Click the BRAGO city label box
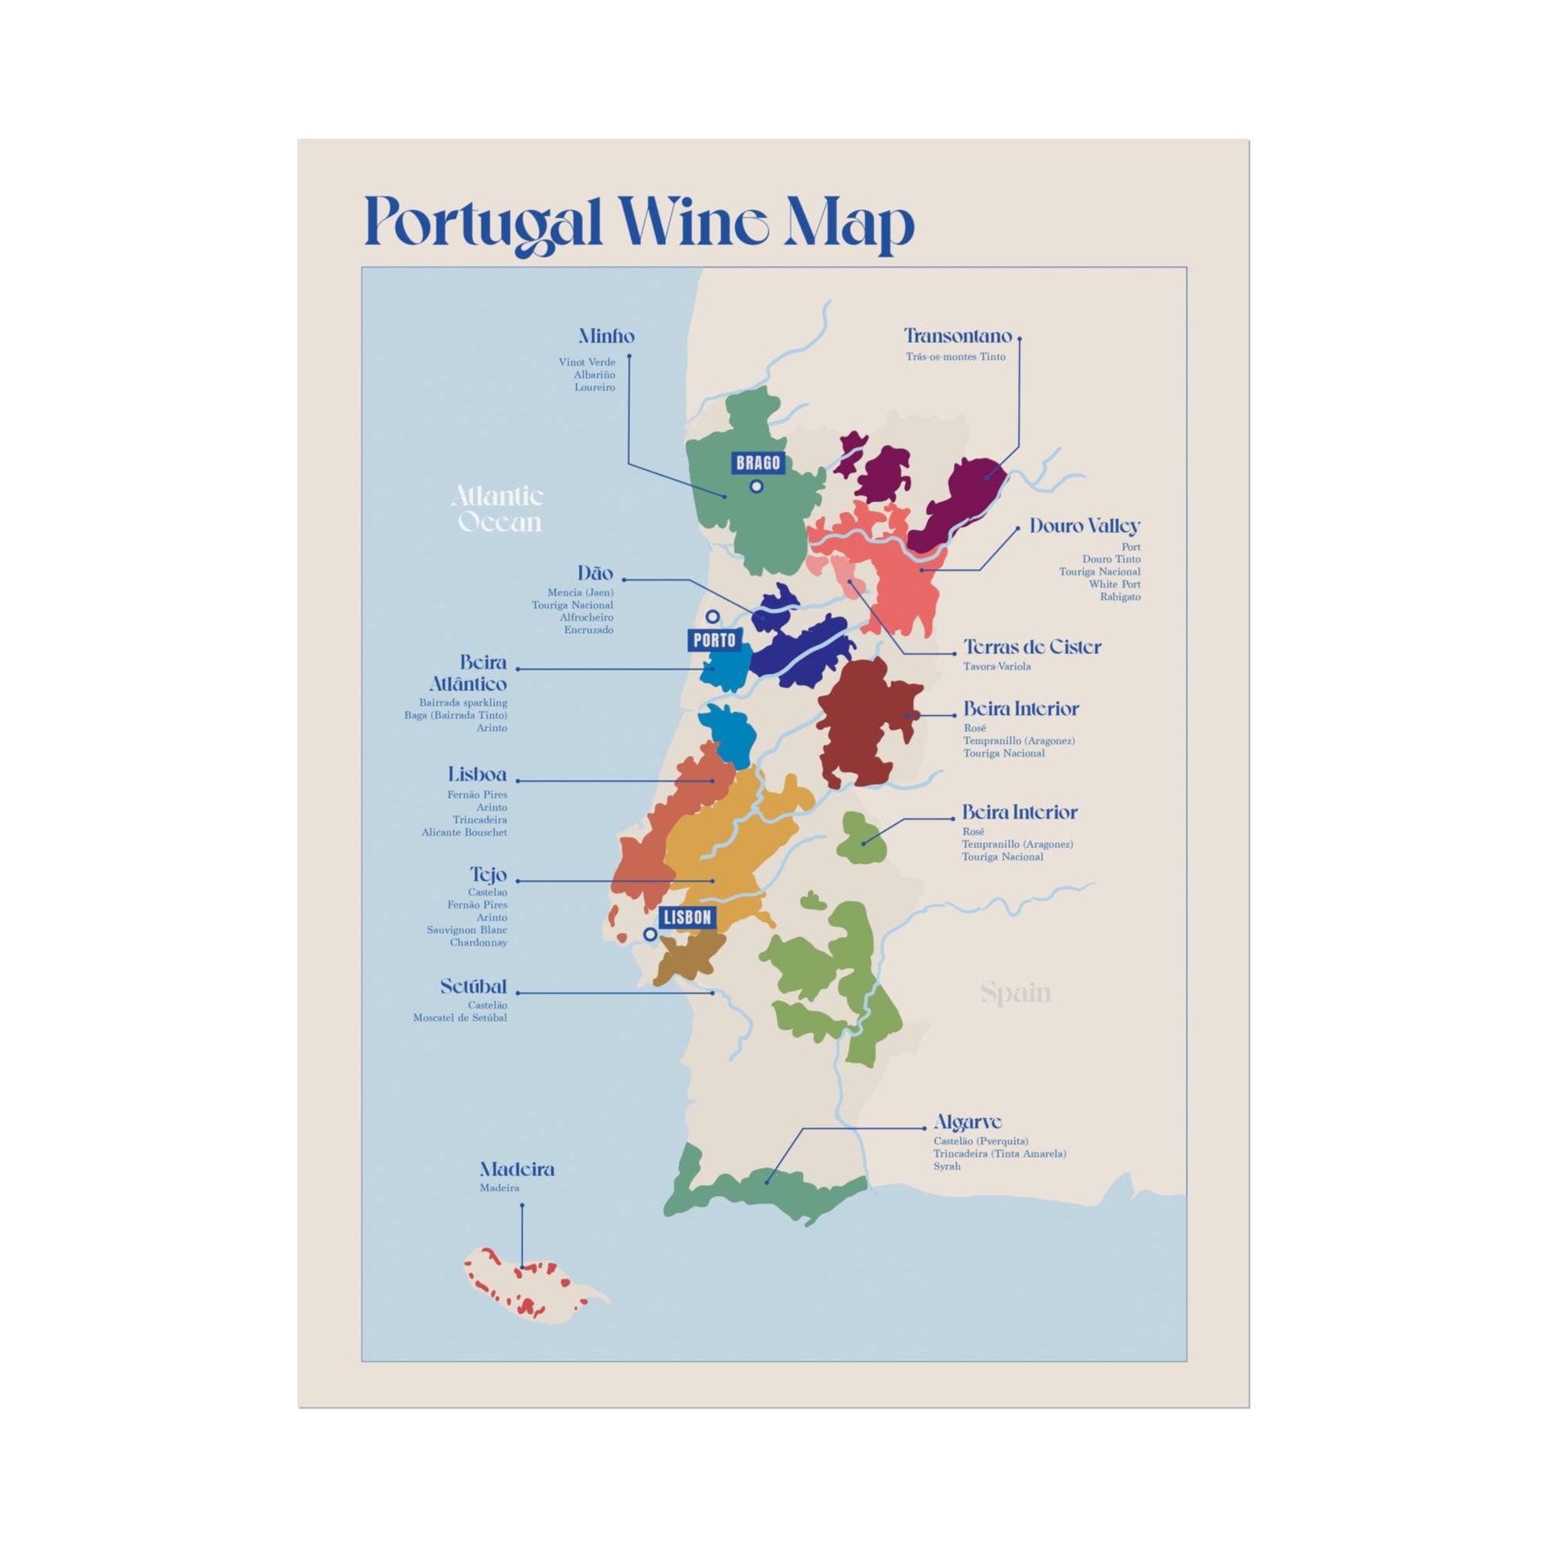pyautogui.click(x=758, y=462)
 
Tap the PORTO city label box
pyautogui.click(x=713, y=640)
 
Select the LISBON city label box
pyautogui.click(x=687, y=917)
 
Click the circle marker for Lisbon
pyautogui.click(x=651, y=934)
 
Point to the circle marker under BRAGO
pyautogui.click(x=756, y=485)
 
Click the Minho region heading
pyautogui.click(x=607, y=336)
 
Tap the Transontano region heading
pyautogui.click(x=958, y=336)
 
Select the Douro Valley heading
pyautogui.click(x=1085, y=526)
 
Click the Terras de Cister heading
pyautogui.click(x=1031, y=646)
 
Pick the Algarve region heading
pyautogui.click(x=968, y=1122)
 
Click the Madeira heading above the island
pyautogui.click(x=517, y=1169)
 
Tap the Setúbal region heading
pyautogui.click(x=474, y=986)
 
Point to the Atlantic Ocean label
pyautogui.click(x=498, y=509)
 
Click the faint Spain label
pyautogui.click(x=1016, y=993)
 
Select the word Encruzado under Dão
pyautogui.click(x=588, y=630)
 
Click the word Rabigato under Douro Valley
pyautogui.click(x=1119, y=597)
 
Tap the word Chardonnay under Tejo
pyautogui.click(x=478, y=942)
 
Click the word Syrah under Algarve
pyautogui.click(x=947, y=1166)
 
